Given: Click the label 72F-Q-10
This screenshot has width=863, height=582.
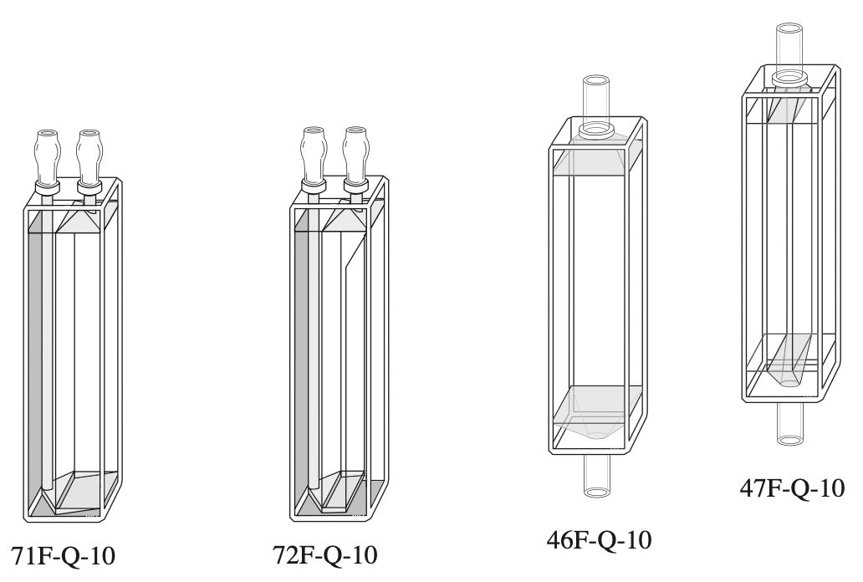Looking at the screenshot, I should click(x=325, y=554).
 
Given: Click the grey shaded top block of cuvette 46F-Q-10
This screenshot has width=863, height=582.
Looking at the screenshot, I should click(x=596, y=159).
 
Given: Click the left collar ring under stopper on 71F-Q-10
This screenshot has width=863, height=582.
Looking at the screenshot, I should click(x=46, y=188).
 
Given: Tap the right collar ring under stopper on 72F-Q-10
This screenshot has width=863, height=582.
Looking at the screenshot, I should click(x=355, y=186).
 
